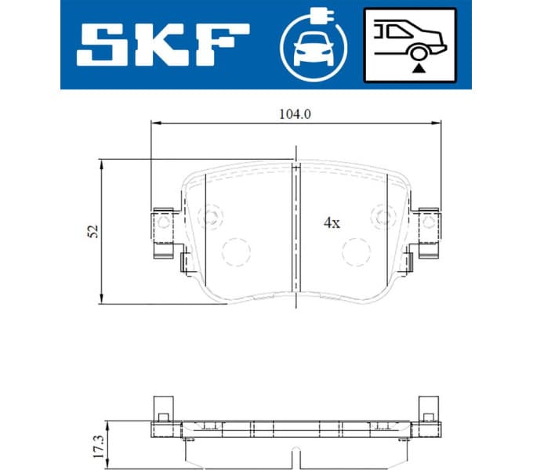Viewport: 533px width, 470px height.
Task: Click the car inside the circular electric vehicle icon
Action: [313, 52]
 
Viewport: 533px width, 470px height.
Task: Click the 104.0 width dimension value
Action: [296, 114]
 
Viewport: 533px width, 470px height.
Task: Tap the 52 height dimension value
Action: [92, 231]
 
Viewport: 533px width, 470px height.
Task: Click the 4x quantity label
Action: [332, 222]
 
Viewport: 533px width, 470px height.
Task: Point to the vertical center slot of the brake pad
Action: [296, 227]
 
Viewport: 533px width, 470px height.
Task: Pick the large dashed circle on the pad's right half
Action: [357, 251]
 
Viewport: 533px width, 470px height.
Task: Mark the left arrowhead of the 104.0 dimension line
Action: [154, 123]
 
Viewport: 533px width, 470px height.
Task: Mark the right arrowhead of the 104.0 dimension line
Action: [437, 123]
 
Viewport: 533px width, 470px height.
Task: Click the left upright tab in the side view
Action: [163, 406]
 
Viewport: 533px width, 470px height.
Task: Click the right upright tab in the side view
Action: [428, 406]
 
